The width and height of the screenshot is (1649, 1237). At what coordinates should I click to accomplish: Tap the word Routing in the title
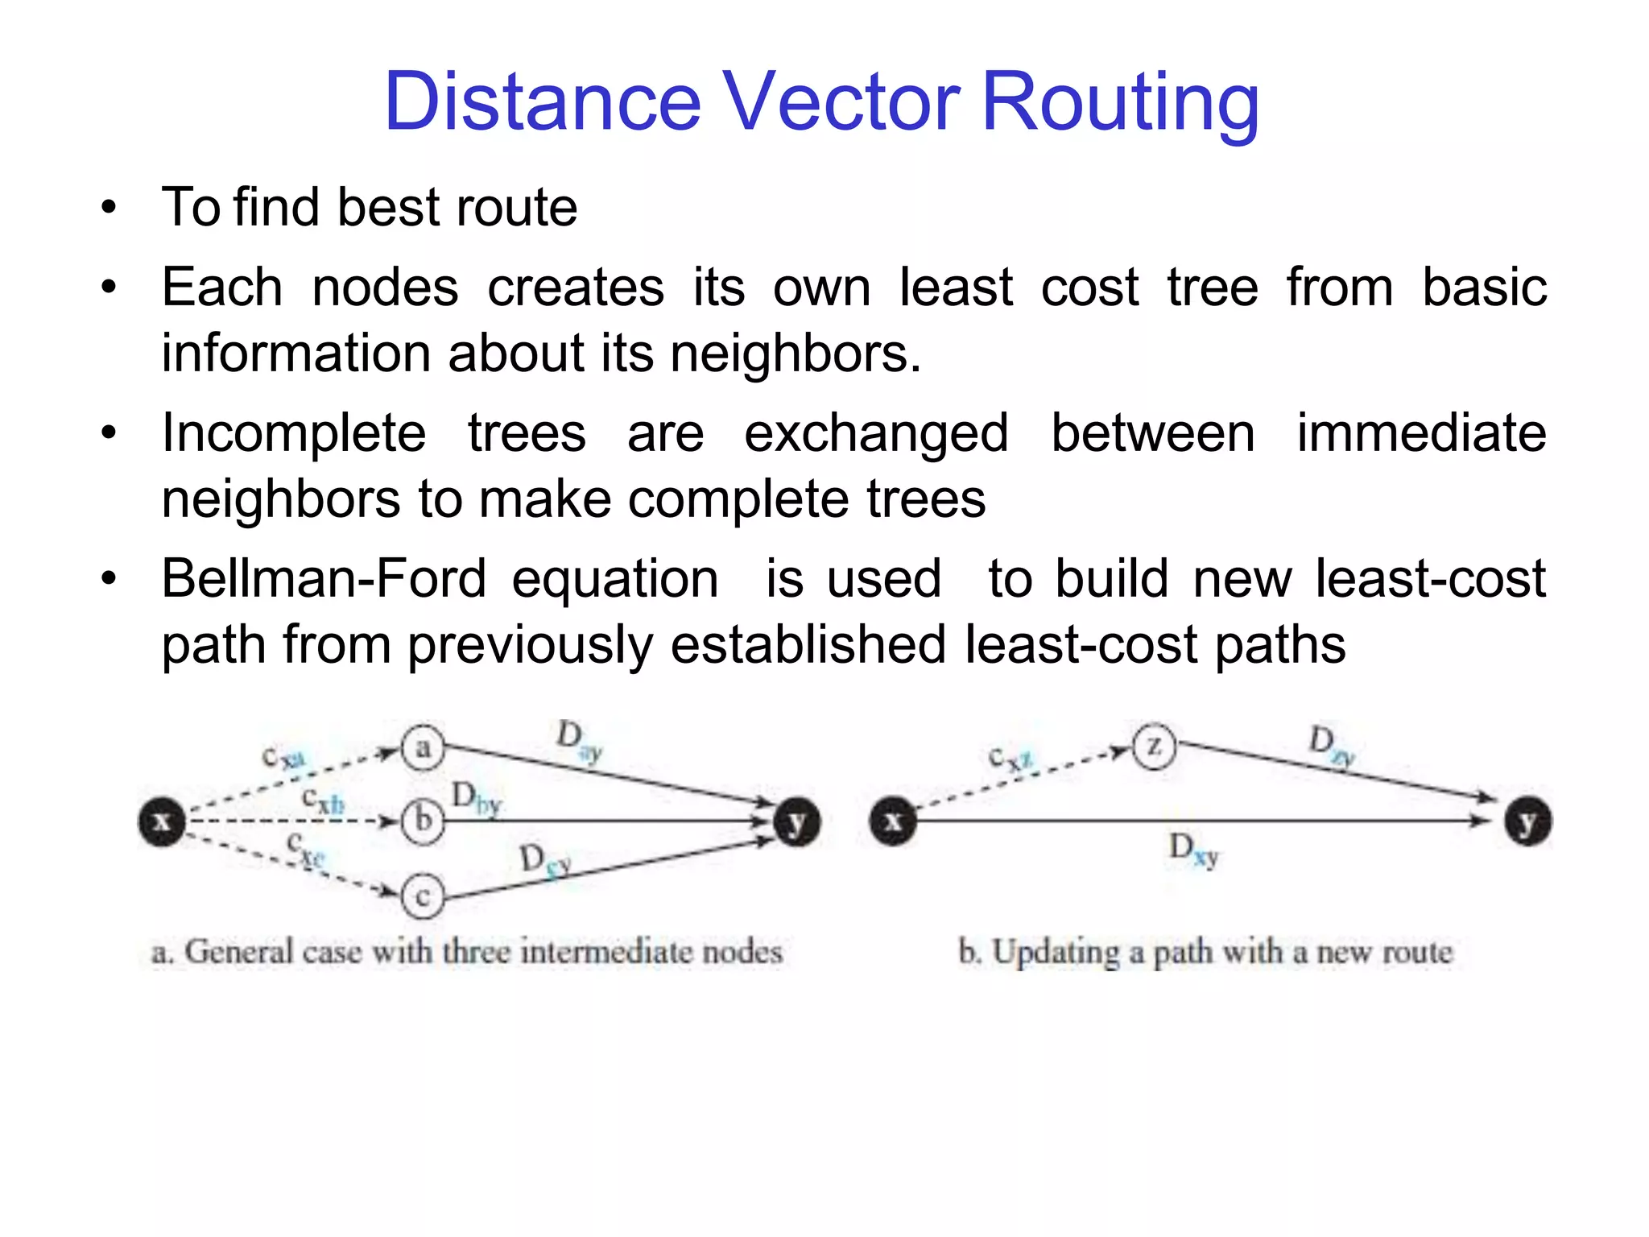1120,103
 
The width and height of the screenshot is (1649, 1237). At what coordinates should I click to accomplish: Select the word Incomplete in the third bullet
294,433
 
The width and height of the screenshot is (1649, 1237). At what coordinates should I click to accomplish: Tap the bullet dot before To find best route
109,208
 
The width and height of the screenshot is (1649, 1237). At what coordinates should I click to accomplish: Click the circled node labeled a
423,748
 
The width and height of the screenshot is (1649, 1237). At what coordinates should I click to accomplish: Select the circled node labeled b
423,821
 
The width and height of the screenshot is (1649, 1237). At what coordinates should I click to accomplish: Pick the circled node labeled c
423,896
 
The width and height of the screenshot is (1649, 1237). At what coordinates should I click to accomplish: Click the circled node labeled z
1154,747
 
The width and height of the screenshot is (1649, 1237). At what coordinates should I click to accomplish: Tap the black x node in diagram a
162,821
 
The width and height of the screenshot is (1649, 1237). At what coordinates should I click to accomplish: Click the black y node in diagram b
1528,821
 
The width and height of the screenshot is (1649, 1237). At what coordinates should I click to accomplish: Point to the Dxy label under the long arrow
1193,850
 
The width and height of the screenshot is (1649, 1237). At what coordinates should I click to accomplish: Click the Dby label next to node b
476,798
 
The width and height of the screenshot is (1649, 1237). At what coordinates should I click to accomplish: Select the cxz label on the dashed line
1010,758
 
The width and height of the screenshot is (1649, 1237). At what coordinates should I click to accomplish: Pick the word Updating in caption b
1056,953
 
